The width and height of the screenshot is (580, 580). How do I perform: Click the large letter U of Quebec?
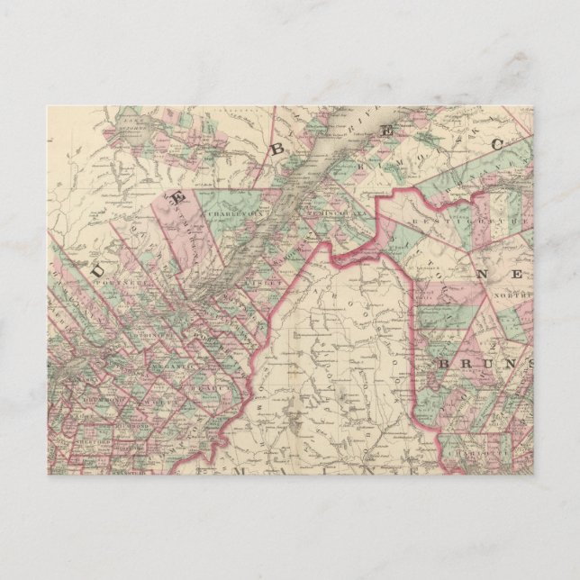pos(98,266)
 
